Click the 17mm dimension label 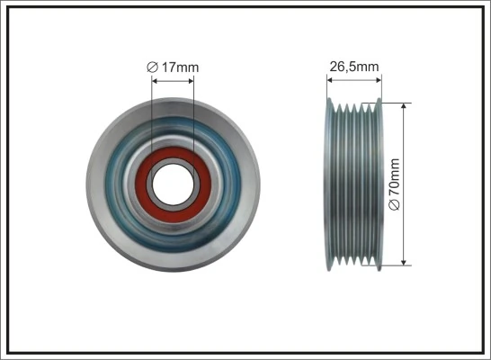point(177,66)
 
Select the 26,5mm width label point(353,66)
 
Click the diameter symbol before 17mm point(153,66)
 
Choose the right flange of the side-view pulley point(379,183)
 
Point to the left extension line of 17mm point(153,117)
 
